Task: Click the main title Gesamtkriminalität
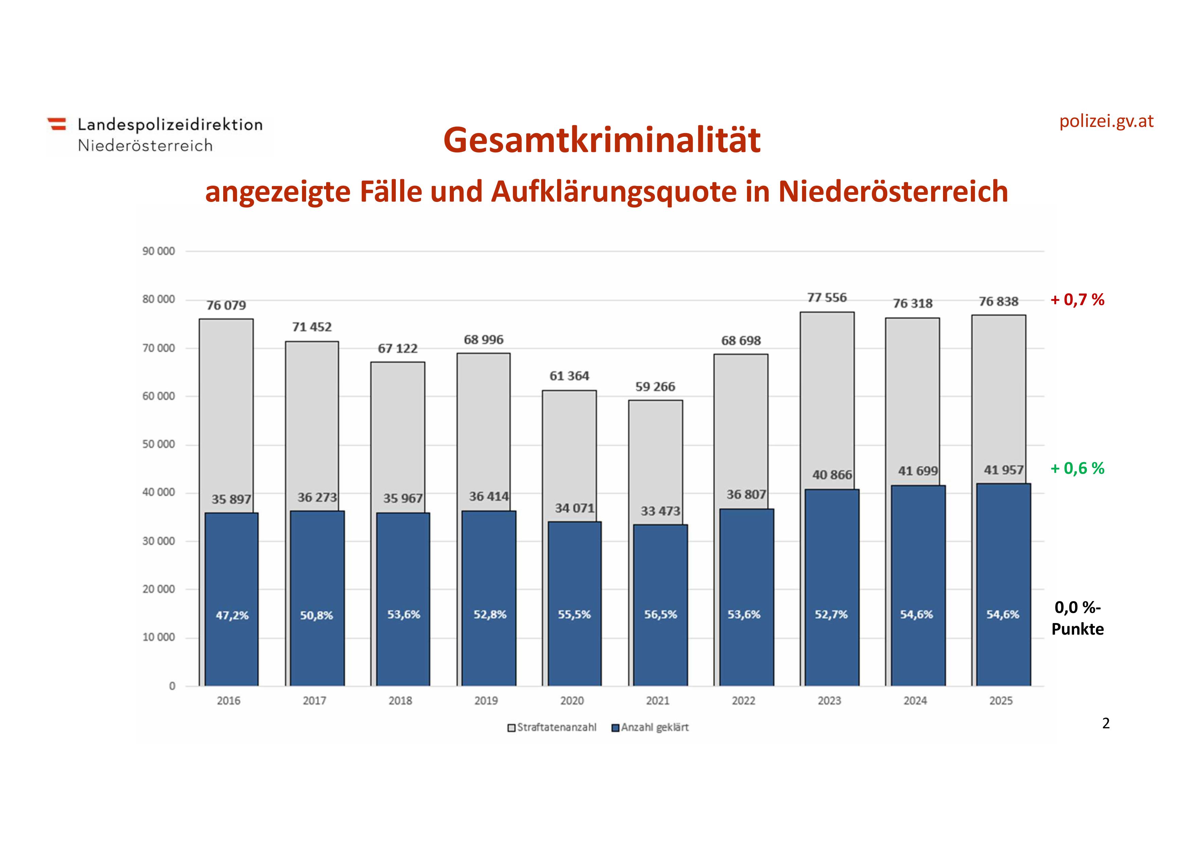[602, 140]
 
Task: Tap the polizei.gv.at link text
[1106, 121]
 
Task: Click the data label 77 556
[826, 298]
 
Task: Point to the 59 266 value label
[655, 387]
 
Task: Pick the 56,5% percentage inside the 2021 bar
[660, 615]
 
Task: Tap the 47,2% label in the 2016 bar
[232, 616]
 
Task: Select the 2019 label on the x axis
[486, 701]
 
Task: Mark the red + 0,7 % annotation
[1077, 300]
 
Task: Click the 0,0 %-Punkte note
[1077, 618]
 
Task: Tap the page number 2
[1106, 724]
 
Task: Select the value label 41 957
[1003, 470]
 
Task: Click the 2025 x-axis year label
[1000, 701]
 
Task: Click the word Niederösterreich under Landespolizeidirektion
[145, 146]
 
